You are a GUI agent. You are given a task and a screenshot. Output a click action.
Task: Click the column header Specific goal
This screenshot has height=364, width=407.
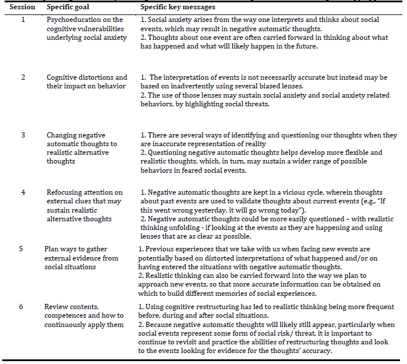[69, 7]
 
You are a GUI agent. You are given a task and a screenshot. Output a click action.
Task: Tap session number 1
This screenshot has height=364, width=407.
[23, 20]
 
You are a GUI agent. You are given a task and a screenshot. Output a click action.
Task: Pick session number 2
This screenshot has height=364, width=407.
[23, 77]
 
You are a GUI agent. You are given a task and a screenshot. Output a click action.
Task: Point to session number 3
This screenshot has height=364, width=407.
[23, 135]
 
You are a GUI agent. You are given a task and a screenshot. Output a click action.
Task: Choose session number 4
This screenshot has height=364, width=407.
[23, 192]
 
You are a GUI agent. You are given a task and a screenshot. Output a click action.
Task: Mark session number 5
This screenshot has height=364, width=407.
[21, 249]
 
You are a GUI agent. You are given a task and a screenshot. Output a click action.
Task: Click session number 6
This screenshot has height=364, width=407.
[21, 306]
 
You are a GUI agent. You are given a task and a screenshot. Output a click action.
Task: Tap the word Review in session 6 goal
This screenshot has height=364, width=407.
[57, 306]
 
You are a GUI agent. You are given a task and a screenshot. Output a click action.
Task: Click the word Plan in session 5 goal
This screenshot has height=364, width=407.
[52, 249]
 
